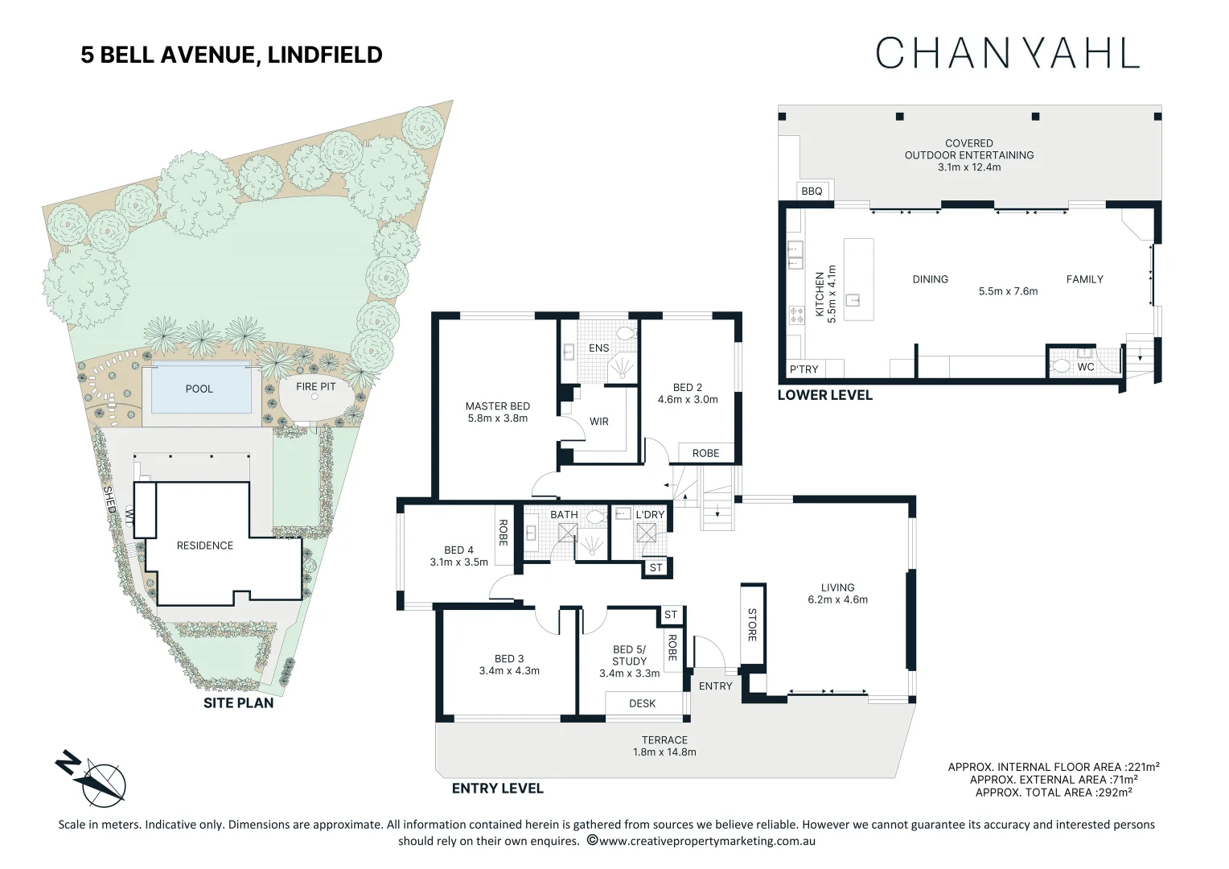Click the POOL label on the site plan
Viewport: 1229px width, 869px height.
click(x=199, y=389)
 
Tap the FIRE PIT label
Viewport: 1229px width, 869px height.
click(x=315, y=386)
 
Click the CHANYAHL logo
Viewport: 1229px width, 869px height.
click(x=1007, y=53)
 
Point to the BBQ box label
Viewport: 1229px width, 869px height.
click(x=812, y=191)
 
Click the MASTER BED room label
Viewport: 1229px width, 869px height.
click(x=497, y=406)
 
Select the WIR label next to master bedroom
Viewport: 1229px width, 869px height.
click(x=598, y=421)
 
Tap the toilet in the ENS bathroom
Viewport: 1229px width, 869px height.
click(x=625, y=333)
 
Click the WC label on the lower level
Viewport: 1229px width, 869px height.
click(x=1085, y=367)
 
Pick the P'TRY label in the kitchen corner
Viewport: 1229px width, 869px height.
click(x=804, y=369)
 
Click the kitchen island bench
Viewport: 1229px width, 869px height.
click(x=858, y=279)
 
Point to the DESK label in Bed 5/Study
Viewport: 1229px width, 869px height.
click(x=642, y=703)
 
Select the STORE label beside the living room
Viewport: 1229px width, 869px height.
click(x=752, y=624)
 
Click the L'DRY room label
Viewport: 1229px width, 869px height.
click(x=650, y=514)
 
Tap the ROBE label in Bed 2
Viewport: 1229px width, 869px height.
click(x=705, y=453)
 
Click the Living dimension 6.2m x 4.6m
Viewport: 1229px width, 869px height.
click(x=837, y=599)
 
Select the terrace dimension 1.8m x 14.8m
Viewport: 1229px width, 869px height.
click(x=664, y=752)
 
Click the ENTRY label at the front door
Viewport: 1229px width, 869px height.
click(x=715, y=686)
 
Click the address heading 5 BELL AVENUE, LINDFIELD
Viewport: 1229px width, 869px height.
click(x=232, y=55)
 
